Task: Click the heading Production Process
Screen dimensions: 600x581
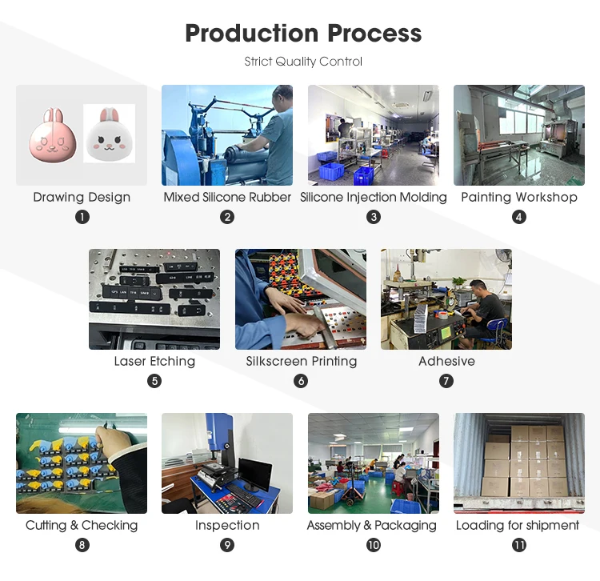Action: pyautogui.click(x=303, y=34)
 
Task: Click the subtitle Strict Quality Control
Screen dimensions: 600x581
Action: pyautogui.click(x=303, y=62)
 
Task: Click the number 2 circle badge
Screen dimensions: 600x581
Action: pyautogui.click(x=227, y=217)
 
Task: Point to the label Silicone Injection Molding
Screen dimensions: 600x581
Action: pyautogui.click(x=373, y=197)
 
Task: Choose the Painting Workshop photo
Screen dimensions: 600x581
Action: pyautogui.click(x=518, y=135)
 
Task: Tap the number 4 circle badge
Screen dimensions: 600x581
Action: pyautogui.click(x=519, y=217)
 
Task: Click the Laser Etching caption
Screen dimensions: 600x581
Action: pyautogui.click(x=154, y=361)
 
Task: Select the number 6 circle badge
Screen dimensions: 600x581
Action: pyautogui.click(x=301, y=381)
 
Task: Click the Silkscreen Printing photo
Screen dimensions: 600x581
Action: pyautogui.click(x=301, y=299)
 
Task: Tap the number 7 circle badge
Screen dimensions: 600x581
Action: pyautogui.click(x=446, y=381)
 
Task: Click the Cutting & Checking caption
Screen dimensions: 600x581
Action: pyautogui.click(x=82, y=525)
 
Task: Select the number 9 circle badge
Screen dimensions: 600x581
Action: pyautogui.click(x=227, y=545)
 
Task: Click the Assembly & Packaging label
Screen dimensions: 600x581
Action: pyautogui.click(x=373, y=525)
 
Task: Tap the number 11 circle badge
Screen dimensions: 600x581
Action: pyautogui.click(x=519, y=545)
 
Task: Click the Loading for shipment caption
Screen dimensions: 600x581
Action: pyautogui.click(x=518, y=525)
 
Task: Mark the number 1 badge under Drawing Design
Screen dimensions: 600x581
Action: pyautogui.click(x=82, y=217)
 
